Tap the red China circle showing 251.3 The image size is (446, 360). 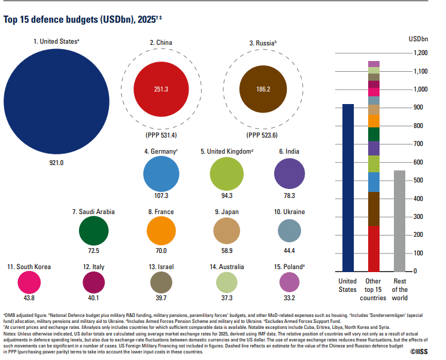161,89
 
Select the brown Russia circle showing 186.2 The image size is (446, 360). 263,89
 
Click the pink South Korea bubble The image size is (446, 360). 29,282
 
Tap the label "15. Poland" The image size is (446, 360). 290,266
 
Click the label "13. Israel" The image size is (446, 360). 160,266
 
